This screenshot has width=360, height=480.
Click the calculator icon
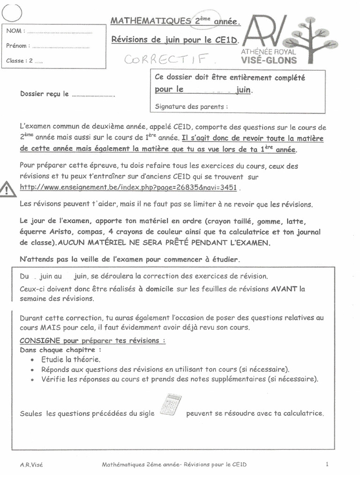[171, 405]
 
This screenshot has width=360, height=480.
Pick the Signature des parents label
[191, 106]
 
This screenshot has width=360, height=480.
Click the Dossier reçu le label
[45, 94]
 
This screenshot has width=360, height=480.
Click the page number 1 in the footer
[326, 464]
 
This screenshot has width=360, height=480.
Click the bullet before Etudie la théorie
[31, 360]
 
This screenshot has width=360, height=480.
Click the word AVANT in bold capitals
[284, 289]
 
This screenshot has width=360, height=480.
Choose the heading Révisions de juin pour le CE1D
[175, 40]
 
